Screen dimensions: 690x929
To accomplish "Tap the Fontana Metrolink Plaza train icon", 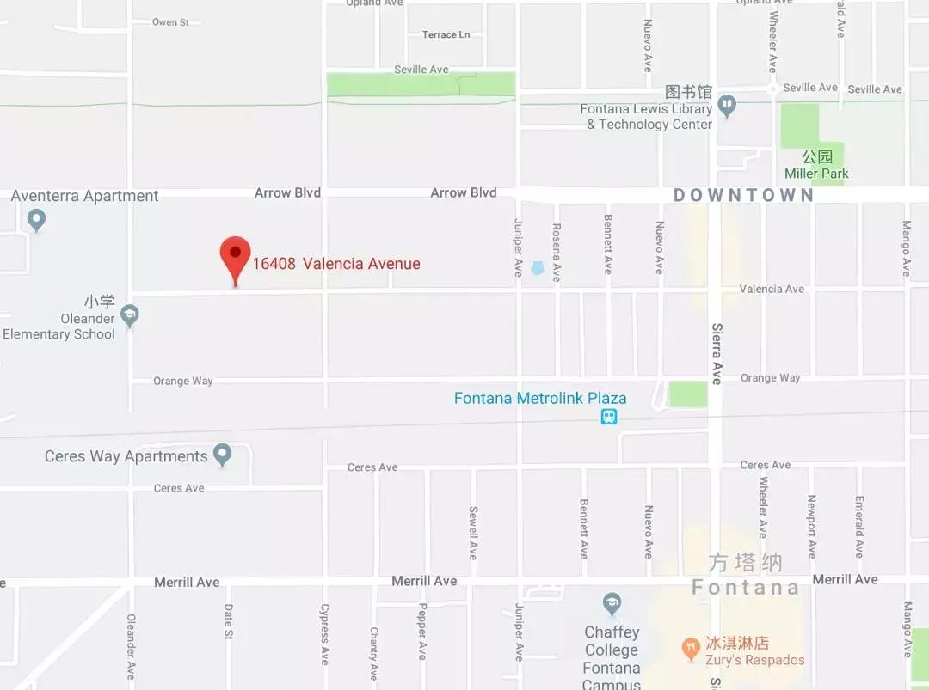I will (609, 417).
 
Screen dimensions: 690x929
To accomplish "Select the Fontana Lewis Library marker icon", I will (728, 106).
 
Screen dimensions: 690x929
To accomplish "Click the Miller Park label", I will (816, 173).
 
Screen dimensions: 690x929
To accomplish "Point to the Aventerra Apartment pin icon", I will (36, 220).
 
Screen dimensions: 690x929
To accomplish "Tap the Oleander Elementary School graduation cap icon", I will (130, 315).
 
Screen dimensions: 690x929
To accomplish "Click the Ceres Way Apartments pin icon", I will (223, 454).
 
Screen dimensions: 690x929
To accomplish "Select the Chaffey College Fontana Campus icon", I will (612, 601).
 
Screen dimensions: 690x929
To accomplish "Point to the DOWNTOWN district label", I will (743, 195).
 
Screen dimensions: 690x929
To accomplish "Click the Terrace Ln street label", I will (446, 34).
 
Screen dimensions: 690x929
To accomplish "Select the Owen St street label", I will (170, 22).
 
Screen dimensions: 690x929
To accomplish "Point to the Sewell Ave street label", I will (473, 532).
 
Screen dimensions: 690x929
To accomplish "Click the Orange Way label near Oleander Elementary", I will (182, 381).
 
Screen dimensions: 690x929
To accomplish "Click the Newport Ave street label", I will (811, 526).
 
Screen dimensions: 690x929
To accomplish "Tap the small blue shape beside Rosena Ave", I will (538, 268).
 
